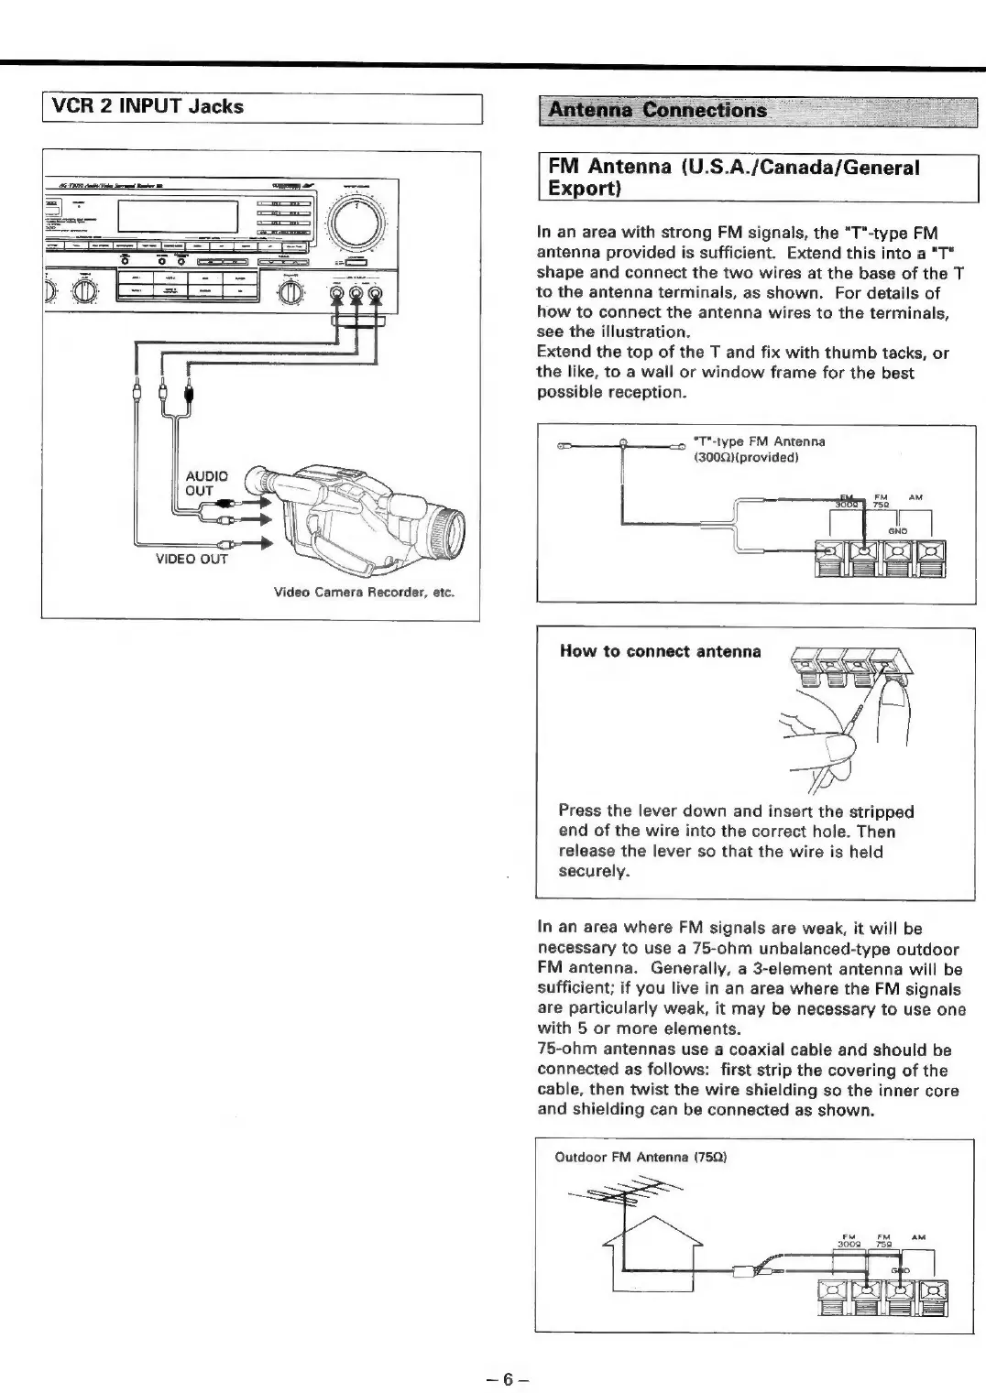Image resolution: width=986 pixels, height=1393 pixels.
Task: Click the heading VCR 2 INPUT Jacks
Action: pos(148,107)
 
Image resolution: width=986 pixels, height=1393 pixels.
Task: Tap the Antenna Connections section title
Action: pos(656,111)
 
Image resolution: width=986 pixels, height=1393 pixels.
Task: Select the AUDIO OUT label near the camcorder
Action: pos(205,483)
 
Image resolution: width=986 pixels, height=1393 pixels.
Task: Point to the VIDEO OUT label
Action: pos(192,559)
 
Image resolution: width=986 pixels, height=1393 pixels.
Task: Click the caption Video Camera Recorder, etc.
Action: pos(364,592)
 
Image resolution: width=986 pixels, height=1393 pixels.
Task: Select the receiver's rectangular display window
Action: pos(179,217)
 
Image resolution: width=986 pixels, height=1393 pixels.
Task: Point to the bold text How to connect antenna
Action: pos(660,651)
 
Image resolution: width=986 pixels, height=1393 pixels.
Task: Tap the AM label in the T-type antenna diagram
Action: pos(915,497)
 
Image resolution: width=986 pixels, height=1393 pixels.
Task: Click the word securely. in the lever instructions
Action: pos(594,871)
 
